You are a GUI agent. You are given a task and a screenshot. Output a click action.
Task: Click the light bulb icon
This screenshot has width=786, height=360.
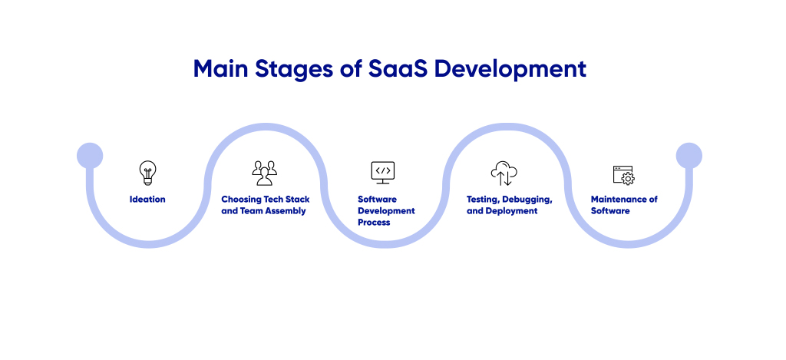pos(147,172)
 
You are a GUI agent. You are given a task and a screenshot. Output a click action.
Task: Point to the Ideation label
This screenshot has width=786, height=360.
pos(147,200)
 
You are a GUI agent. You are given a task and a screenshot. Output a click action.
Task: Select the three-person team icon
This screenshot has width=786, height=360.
pos(265,173)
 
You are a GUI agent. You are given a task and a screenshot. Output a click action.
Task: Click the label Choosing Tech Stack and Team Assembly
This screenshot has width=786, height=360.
pos(265,205)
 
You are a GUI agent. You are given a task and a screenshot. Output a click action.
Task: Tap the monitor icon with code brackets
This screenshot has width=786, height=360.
pos(382,172)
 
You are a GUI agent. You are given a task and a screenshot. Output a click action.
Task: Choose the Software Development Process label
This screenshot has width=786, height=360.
pos(386,210)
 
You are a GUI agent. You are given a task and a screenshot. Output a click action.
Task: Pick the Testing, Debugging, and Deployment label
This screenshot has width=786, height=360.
pos(509,205)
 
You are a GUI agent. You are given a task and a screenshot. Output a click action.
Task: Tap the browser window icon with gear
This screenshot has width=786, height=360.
pos(623,175)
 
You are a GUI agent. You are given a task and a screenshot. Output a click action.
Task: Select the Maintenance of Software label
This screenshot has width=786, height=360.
pos(623,205)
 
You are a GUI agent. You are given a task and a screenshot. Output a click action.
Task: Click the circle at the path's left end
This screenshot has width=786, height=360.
pos(90,156)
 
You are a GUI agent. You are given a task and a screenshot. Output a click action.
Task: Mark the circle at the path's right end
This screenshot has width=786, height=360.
pos(689,156)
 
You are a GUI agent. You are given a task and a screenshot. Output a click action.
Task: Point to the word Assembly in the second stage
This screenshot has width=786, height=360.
pos(286,211)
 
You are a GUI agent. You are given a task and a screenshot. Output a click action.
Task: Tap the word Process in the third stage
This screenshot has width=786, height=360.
pos(374,223)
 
